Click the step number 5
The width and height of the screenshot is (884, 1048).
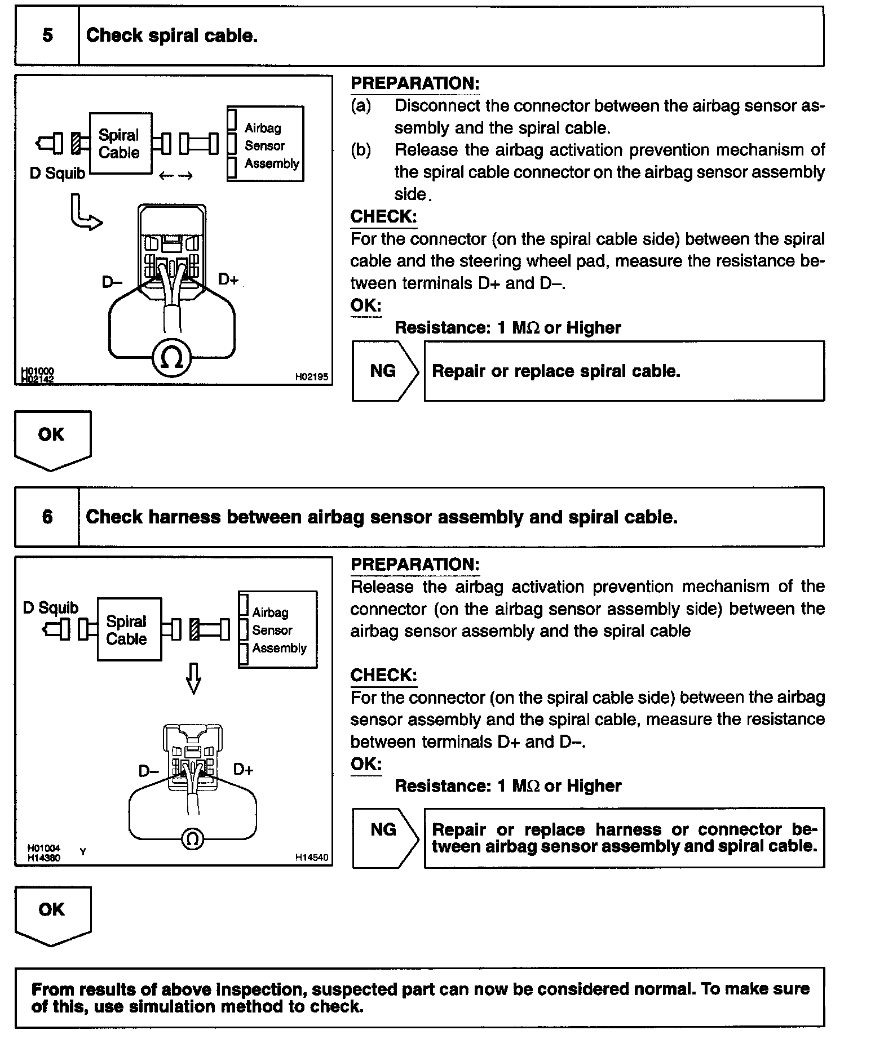pyautogui.click(x=47, y=35)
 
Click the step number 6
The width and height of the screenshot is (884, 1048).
pyautogui.click(x=47, y=517)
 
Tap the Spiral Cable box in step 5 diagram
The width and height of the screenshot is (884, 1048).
pyautogui.click(x=120, y=144)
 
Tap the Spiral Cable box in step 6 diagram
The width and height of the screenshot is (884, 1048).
pyautogui.click(x=129, y=629)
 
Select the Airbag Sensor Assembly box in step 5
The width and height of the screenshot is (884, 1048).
pyautogui.click(x=266, y=144)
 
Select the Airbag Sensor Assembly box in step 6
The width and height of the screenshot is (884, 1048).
pyautogui.click(x=278, y=629)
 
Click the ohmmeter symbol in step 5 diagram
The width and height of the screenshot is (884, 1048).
pyautogui.click(x=172, y=358)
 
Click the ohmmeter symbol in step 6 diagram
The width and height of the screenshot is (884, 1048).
pyautogui.click(x=192, y=840)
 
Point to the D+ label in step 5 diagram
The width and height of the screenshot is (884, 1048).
pyautogui.click(x=228, y=279)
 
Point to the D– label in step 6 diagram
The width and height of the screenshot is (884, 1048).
pyautogui.click(x=149, y=770)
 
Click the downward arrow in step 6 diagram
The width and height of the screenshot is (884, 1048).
pyautogui.click(x=193, y=678)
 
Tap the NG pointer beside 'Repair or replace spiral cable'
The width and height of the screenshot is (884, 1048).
pyautogui.click(x=384, y=371)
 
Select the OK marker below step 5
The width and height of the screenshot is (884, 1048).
pyautogui.click(x=52, y=438)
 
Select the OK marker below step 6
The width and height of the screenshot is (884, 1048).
pyautogui.click(x=52, y=913)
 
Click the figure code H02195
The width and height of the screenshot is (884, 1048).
pyautogui.click(x=311, y=377)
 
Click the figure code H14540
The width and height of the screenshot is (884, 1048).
pyautogui.click(x=311, y=858)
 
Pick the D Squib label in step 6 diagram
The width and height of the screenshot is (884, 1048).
pyautogui.click(x=51, y=608)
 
